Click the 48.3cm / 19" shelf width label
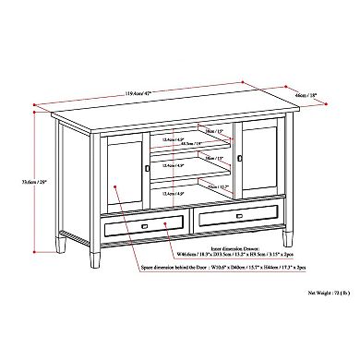pos(193,142)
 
